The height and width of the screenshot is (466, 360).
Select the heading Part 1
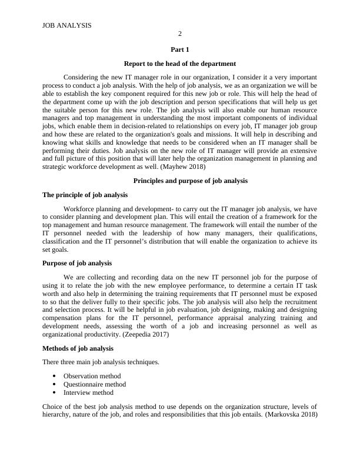coord(180,50)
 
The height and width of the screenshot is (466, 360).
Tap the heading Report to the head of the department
coord(180,64)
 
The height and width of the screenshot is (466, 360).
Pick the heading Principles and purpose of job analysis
coord(180,181)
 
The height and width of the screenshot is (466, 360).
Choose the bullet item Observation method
coord(92,376)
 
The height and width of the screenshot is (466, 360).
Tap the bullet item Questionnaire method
coord(94,384)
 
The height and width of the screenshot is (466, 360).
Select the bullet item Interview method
coord(88,392)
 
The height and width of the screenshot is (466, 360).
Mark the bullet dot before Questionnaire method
coord(54,384)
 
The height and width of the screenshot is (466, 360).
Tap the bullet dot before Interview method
coord(54,392)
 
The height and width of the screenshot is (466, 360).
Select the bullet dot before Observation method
coord(54,376)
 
